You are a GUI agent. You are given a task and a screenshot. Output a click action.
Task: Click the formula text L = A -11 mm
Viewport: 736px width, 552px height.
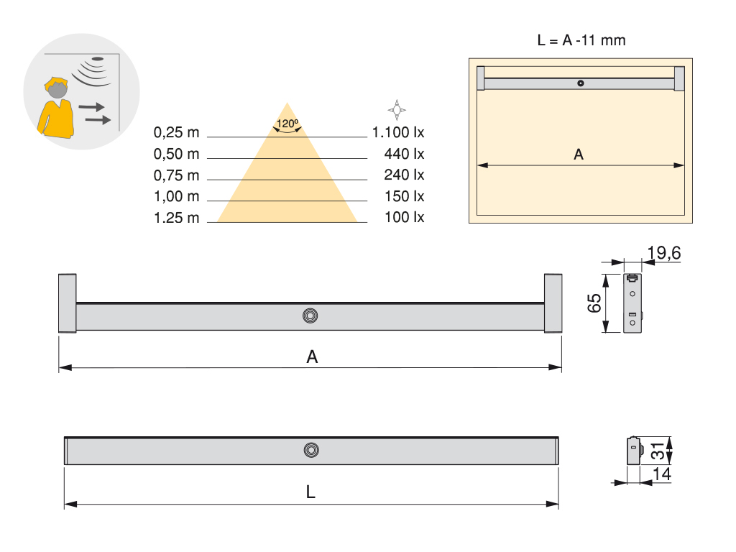[x=581, y=40]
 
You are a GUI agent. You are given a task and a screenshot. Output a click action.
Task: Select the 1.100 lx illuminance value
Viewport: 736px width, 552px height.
[x=398, y=132]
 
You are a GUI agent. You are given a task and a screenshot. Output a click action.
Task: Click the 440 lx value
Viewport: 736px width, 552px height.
[x=405, y=154]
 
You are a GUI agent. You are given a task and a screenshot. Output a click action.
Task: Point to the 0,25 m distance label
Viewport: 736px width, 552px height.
[x=176, y=132]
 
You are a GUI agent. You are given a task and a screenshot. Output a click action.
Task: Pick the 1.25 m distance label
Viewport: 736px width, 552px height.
[x=176, y=218]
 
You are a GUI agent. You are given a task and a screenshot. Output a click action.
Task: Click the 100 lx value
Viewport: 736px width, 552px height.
[x=405, y=217]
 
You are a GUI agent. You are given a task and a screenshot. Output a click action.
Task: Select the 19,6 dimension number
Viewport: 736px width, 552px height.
[x=663, y=253]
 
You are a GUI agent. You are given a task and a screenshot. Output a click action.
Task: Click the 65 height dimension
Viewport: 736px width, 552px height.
[x=594, y=303]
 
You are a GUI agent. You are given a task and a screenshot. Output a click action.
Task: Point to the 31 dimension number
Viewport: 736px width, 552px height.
[x=655, y=451]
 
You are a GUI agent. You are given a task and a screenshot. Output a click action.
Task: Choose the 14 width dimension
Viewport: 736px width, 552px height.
[x=662, y=474]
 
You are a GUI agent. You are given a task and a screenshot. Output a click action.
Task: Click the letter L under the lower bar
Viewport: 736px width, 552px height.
[x=310, y=493]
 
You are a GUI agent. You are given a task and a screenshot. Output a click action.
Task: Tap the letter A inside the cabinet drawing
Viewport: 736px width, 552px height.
[x=579, y=155]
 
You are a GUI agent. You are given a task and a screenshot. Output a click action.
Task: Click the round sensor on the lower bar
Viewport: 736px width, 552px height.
[x=311, y=450]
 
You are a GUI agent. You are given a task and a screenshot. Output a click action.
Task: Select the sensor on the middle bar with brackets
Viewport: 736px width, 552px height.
[x=310, y=316]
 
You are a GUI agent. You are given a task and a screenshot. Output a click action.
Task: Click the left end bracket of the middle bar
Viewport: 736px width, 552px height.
[x=67, y=303]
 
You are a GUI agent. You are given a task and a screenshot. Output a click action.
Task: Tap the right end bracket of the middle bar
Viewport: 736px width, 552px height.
[x=553, y=303]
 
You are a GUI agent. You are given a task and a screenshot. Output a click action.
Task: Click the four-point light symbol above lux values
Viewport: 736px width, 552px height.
[x=397, y=109]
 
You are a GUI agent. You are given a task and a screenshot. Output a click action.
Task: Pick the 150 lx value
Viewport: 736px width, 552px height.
[x=405, y=196]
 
